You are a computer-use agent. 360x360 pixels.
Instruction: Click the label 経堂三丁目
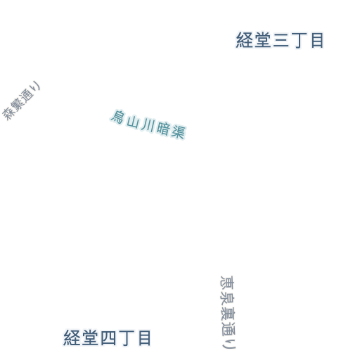tap(280, 40)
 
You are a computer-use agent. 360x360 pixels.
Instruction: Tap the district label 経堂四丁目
tap(107, 338)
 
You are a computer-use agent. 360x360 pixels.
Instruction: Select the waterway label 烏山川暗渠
tap(148, 124)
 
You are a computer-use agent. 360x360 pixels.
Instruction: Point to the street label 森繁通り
tap(21, 101)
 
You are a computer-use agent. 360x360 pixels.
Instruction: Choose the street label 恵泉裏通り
tap(228, 312)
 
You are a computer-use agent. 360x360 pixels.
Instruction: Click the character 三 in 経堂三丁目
tap(281, 40)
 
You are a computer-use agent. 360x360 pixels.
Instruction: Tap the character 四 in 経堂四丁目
tap(108, 338)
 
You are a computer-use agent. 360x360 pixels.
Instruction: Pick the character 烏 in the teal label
tap(117, 117)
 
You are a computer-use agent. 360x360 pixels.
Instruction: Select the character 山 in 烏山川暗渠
tap(132, 121)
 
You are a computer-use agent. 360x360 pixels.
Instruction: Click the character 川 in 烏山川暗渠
tap(148, 124)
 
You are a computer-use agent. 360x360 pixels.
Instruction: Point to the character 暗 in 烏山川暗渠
tap(163, 128)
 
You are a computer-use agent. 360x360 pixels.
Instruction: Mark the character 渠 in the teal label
tap(178, 131)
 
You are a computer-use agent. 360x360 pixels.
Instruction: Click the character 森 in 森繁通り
tap(8, 114)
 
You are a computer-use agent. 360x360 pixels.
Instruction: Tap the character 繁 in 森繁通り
tap(17, 105)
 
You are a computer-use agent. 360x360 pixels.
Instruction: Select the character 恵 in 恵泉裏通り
tap(227, 283)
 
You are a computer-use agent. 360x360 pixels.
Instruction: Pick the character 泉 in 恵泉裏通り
tap(227, 297)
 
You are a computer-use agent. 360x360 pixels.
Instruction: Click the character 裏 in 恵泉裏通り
tap(227, 313)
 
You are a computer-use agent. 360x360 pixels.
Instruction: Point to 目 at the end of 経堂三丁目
tap(317, 40)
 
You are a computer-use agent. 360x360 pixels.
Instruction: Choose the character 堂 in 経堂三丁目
tap(263, 40)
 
